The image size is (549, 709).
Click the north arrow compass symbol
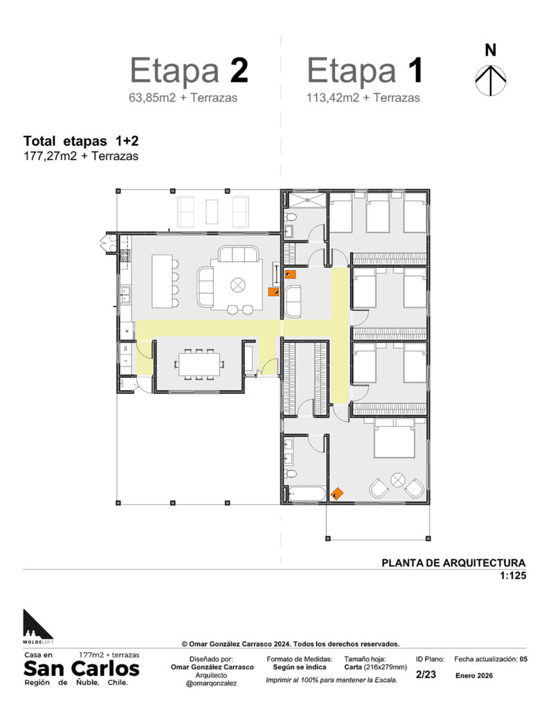pyautogui.click(x=490, y=80)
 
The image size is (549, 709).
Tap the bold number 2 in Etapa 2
pyautogui.click(x=239, y=71)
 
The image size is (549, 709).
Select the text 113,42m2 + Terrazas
pyautogui.click(x=363, y=98)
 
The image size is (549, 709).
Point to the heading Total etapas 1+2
pyautogui.click(x=81, y=141)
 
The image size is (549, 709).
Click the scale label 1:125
pyautogui.click(x=513, y=575)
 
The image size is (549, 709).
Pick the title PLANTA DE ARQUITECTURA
pyautogui.click(x=453, y=563)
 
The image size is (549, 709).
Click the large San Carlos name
pyautogui.click(x=82, y=668)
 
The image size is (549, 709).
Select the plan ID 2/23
pyautogui.click(x=426, y=674)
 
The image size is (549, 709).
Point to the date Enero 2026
pyautogui.click(x=474, y=676)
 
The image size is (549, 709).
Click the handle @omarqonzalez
pyautogui.click(x=212, y=683)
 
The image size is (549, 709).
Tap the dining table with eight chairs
pyautogui.click(x=200, y=364)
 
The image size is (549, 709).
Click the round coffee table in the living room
pyautogui.click(x=237, y=285)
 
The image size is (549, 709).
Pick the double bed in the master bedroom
pyautogui.click(x=394, y=438)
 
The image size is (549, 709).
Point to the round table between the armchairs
pyautogui.click(x=397, y=480)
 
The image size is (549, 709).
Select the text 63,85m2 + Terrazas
pyautogui.click(x=183, y=98)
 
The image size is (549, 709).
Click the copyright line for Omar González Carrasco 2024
pyautogui.click(x=290, y=644)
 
